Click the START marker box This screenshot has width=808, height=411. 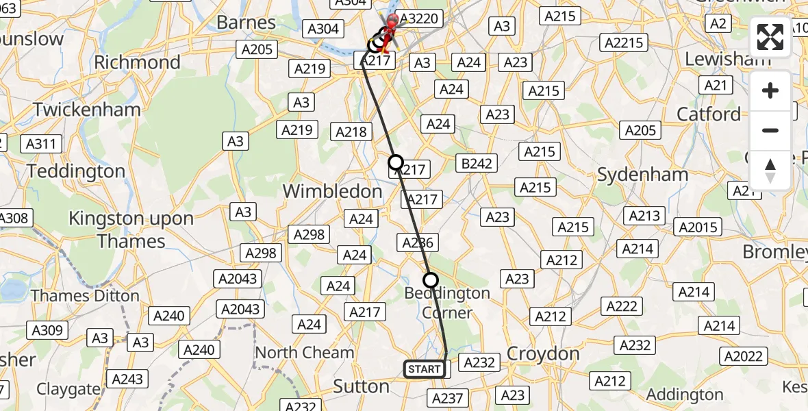(425, 369)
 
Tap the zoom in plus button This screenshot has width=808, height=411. (770, 90)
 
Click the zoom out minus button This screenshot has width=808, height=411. (770, 130)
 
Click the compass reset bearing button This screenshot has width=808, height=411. (770, 170)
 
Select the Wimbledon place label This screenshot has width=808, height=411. (333, 191)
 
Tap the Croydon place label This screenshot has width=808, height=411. (543, 354)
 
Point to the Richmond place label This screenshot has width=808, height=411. (138, 62)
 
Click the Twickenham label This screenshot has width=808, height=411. (87, 110)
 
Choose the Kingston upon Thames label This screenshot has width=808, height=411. (131, 230)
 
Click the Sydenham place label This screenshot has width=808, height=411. (642, 175)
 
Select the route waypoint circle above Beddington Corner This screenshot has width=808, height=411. (430, 279)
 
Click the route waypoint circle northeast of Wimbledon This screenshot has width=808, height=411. (396, 162)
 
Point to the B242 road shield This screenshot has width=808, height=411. (475, 163)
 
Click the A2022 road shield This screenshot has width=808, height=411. (743, 356)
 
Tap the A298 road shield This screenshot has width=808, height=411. (310, 234)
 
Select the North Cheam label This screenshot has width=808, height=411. (305, 353)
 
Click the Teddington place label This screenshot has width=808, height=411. (77, 171)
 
